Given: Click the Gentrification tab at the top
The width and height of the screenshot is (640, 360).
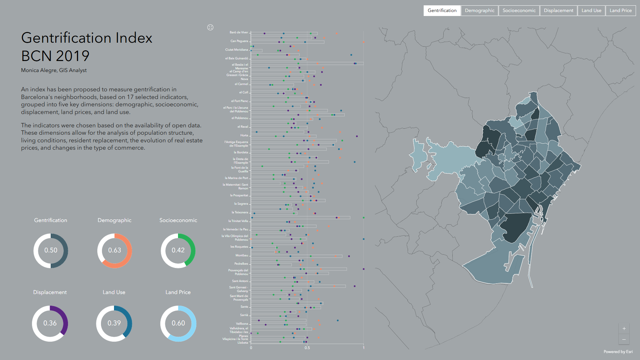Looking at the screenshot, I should (442, 11).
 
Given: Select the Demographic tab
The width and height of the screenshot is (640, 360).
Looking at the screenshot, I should (479, 11).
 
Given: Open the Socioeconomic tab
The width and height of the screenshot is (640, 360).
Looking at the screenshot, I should (519, 11).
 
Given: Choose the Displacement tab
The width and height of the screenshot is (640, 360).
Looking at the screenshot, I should (558, 11).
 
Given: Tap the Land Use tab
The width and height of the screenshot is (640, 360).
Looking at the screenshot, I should (591, 11).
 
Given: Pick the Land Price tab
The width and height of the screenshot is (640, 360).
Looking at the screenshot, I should (620, 11).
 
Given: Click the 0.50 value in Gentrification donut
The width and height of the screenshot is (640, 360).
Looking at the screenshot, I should (51, 250).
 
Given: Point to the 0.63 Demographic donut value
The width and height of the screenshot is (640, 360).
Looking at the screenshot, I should (114, 250).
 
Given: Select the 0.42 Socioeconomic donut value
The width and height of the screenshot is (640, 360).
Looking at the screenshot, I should (178, 250).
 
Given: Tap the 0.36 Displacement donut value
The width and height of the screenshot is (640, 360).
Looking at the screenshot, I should (50, 323).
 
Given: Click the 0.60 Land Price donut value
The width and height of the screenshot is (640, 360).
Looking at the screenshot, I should (178, 323).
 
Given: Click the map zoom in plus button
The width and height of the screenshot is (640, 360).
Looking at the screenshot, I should (624, 329).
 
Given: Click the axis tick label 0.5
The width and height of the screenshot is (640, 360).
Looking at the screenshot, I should (307, 348).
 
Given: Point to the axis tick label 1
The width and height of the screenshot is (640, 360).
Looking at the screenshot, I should (364, 348).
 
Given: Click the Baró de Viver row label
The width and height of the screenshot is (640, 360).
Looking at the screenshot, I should (239, 32).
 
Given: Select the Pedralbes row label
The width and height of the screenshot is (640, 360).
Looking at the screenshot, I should (241, 264).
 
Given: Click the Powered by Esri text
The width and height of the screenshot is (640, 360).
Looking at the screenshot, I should (618, 352).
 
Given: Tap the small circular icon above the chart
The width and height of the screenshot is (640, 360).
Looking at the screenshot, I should (210, 27).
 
